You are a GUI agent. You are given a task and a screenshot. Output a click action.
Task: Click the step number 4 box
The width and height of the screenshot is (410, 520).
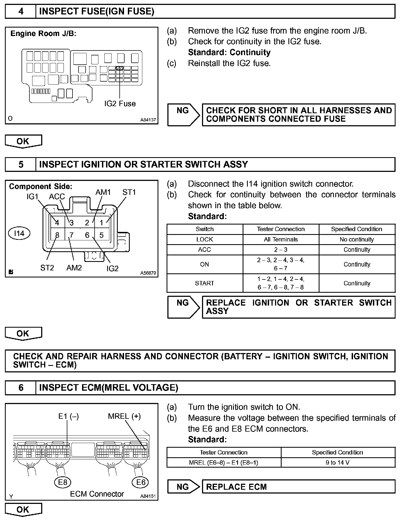21,11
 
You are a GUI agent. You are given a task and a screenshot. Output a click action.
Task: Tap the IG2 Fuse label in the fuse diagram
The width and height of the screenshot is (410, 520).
120,104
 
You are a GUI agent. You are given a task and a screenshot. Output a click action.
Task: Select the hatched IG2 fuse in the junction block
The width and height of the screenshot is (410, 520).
120,68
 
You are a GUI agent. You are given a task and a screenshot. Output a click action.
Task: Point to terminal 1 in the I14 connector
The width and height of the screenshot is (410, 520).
102,223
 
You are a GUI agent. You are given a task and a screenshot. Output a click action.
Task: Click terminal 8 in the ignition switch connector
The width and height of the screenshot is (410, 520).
57,235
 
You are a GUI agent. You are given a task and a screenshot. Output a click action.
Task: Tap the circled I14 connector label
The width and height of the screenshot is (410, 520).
19,233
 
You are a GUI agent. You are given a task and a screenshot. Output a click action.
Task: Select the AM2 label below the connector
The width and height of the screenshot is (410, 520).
74,268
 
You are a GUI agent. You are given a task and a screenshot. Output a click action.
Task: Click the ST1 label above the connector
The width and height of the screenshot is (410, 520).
129,192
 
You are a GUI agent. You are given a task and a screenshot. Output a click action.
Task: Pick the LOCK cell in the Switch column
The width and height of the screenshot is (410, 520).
204,240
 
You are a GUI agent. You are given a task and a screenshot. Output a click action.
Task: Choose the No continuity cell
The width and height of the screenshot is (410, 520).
357,240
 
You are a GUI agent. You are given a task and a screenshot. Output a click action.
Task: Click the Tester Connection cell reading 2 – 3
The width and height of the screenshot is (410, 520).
281,250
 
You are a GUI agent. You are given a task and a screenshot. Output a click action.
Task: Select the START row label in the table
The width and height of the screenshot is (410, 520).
204,283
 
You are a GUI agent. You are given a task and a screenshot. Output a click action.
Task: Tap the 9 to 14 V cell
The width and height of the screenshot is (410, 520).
337,462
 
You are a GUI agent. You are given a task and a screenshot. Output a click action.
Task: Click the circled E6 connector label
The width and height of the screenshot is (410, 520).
141,482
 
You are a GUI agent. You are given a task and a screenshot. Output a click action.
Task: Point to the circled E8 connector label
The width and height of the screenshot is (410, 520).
62,482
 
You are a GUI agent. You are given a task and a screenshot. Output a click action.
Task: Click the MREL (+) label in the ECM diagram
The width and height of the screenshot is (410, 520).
124,416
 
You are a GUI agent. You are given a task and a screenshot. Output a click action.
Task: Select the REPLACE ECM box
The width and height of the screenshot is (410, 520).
298,487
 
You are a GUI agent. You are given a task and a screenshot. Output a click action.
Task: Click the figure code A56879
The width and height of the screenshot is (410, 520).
148,273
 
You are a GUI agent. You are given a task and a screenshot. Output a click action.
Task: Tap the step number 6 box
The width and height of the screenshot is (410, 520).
21,388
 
